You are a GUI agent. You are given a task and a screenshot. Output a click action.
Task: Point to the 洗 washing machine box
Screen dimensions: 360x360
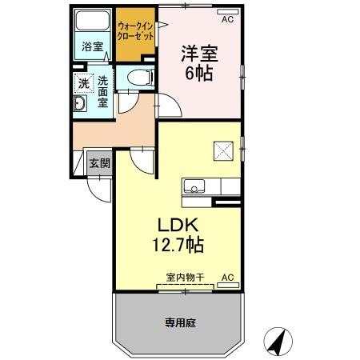click(83, 83)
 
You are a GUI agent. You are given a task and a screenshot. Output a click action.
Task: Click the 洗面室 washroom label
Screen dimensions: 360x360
click(104, 92)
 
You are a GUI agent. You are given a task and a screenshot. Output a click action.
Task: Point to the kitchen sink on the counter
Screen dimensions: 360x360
click(193, 186)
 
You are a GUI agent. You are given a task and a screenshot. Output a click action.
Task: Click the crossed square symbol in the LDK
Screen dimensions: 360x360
click(222, 149)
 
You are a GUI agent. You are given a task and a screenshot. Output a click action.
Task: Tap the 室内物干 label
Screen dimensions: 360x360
click(185, 277)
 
